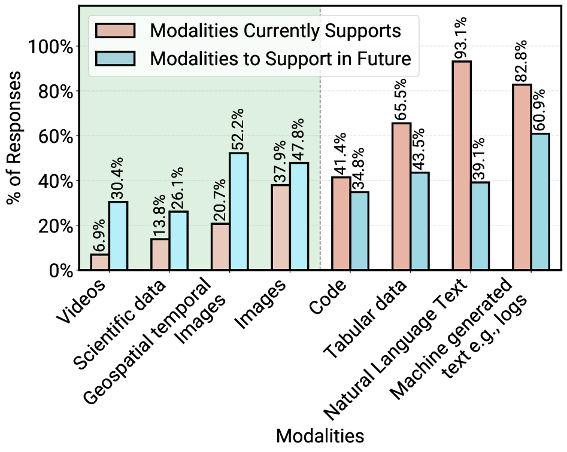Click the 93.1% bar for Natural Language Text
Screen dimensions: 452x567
(462, 166)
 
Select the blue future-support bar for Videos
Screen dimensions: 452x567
(118, 236)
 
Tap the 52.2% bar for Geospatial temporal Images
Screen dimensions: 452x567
(238, 212)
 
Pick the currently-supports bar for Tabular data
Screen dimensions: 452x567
(401, 197)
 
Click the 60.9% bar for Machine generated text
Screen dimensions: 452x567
(540, 201)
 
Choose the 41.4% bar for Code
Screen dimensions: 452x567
(341, 224)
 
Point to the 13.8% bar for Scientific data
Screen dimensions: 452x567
(160, 255)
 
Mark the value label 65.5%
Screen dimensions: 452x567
(401, 99)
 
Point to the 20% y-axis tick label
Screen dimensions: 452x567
(54, 226)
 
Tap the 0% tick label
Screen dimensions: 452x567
(59, 271)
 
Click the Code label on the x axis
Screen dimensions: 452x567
(331, 297)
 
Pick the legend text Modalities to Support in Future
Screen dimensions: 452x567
(280, 59)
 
